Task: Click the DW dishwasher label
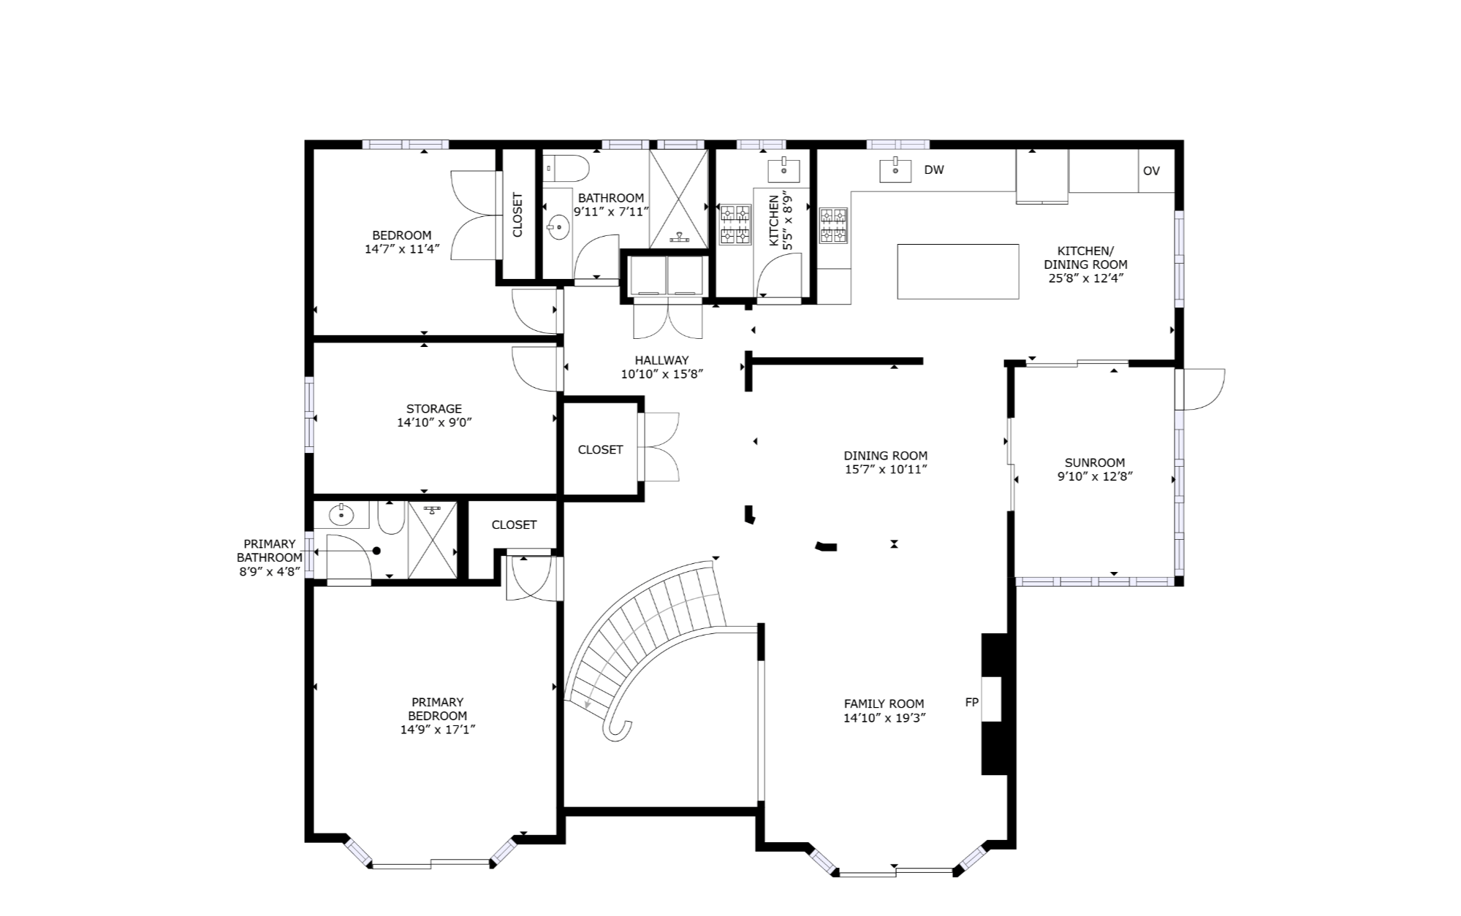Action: coord(934,170)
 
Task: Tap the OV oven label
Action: coord(1151,171)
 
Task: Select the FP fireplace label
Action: coord(972,703)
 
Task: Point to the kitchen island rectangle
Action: coord(957,272)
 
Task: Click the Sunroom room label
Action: coord(1094,462)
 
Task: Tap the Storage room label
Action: coord(434,408)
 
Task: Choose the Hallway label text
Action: coord(661,360)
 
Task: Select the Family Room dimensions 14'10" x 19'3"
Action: coord(884,718)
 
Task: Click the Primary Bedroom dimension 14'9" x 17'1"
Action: coord(438,730)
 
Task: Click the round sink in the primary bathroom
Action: coord(341,515)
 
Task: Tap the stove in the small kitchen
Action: coord(735,224)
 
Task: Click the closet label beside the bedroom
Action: coord(517,215)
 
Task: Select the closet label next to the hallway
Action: coord(600,449)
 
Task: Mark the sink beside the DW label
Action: coord(895,170)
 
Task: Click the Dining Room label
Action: coord(885,456)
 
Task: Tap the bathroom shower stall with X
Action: coord(679,199)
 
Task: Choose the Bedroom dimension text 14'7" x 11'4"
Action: coord(402,249)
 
